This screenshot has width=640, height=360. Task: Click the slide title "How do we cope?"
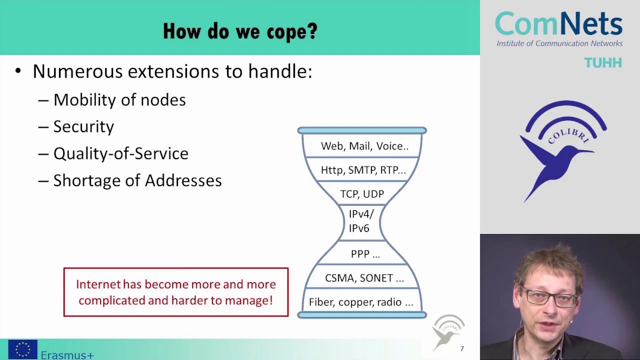tap(240, 31)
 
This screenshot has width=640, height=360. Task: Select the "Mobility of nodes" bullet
tap(119, 99)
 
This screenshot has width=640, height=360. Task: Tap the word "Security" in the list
tap(83, 126)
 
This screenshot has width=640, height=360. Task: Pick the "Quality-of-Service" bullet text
tap(121, 153)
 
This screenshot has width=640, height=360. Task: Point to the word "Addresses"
tap(183, 180)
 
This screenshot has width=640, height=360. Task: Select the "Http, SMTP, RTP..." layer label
tap(363, 170)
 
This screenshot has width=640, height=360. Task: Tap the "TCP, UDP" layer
tap(362, 194)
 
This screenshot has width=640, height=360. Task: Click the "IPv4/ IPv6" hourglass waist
tap(361, 221)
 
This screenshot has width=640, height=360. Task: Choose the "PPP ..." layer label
tap(365, 253)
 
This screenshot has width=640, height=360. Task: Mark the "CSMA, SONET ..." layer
tap(364, 277)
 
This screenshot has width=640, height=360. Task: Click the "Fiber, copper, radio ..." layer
tap(361, 302)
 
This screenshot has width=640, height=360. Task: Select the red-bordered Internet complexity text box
tap(176, 292)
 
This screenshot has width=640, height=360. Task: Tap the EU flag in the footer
tap(23, 349)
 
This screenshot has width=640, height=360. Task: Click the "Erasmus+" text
tap(67, 355)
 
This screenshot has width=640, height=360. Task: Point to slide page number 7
tap(462, 348)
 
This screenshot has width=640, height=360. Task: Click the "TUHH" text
tap(603, 63)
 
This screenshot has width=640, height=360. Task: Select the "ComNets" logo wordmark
tap(558, 23)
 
